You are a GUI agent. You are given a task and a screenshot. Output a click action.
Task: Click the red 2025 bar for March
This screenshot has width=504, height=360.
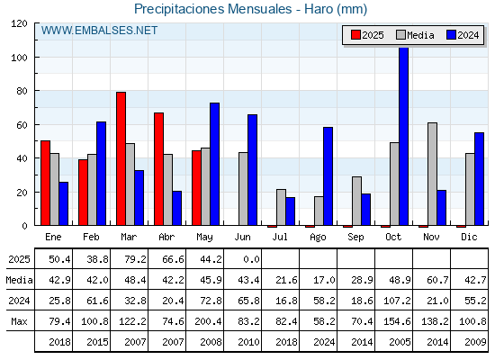[x=121, y=158]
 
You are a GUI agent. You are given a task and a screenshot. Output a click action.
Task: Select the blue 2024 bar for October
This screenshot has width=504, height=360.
[x=404, y=136]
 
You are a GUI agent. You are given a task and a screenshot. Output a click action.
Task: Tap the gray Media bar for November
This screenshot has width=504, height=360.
[x=432, y=174]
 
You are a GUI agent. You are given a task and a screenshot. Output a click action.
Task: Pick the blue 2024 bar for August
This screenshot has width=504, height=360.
[x=328, y=176]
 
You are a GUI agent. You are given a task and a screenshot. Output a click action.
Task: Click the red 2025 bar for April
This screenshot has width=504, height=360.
[x=158, y=169]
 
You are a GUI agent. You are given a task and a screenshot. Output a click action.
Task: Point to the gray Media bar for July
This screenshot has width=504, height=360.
[x=281, y=207]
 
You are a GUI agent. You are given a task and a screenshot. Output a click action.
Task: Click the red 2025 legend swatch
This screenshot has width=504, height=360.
[x=355, y=35]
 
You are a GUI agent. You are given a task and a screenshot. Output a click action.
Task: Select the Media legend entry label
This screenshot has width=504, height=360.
[x=420, y=35]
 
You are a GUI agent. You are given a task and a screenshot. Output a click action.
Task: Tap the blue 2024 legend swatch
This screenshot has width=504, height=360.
[x=451, y=35]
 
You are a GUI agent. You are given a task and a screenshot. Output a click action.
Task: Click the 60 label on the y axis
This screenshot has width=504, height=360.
[x=22, y=125]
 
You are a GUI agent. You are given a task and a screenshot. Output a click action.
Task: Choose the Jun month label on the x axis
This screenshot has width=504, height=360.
[x=242, y=238]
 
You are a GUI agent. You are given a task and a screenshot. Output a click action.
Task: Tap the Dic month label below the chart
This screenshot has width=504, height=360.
[x=469, y=238]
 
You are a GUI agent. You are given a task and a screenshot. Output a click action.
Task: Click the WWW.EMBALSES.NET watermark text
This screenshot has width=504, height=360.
[x=99, y=31]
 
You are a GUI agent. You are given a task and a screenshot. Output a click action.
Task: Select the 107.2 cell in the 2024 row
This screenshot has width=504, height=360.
[x=397, y=301]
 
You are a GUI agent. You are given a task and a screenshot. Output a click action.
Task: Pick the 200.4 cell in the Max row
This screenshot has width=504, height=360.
[x=208, y=321]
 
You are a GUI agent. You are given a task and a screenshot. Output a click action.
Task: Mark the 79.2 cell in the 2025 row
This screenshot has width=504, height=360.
[x=135, y=259]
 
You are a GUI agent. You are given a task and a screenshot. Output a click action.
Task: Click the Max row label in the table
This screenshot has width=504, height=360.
[x=19, y=321]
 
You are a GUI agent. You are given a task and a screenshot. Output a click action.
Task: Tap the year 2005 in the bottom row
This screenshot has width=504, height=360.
[x=400, y=342]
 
